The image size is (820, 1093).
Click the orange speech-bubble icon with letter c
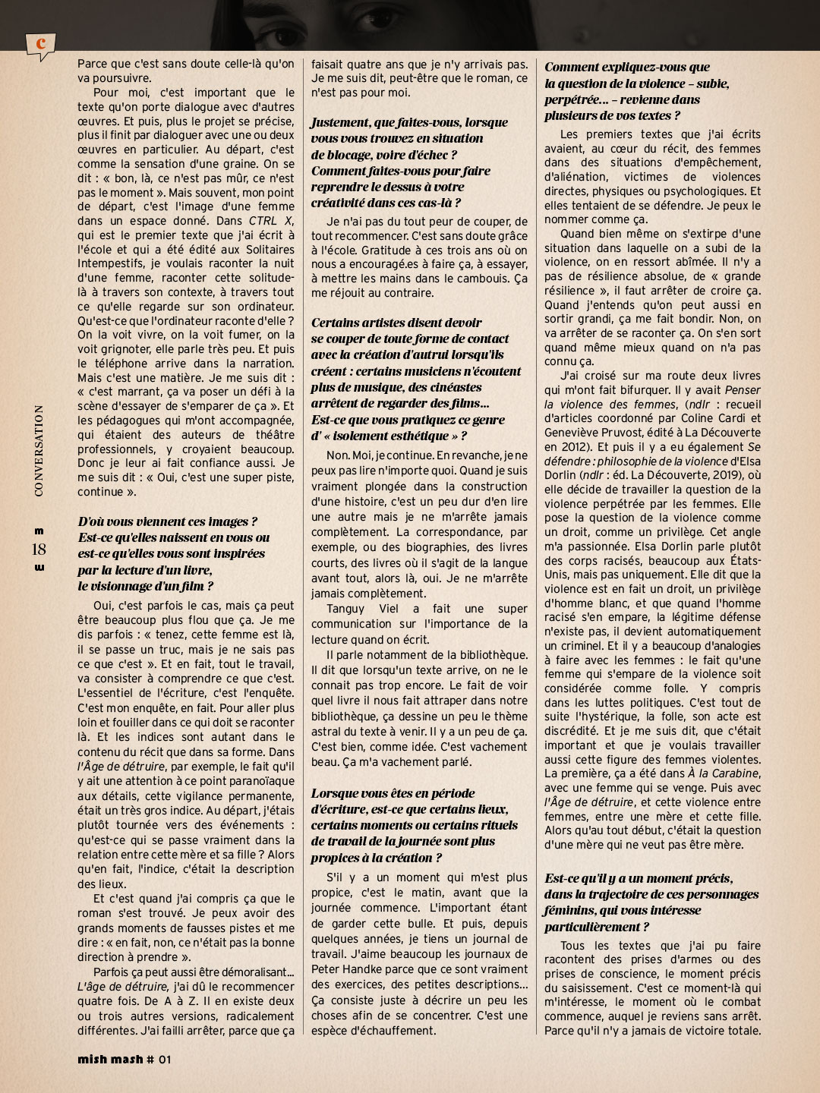pos(39,45)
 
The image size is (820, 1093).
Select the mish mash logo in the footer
pos(110,1060)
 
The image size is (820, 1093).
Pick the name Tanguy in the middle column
pos(345,609)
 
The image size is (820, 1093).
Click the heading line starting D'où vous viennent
pos(167,521)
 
